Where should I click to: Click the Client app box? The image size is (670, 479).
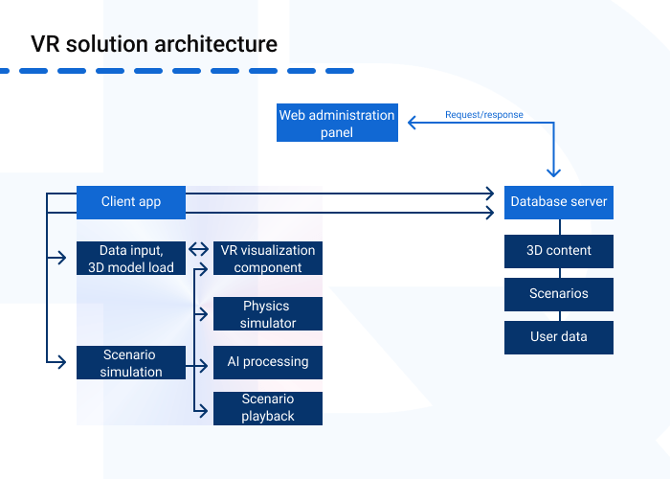click(131, 202)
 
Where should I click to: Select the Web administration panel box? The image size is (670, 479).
click(337, 124)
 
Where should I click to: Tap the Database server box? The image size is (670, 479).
click(559, 202)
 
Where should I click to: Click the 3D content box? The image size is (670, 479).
click(559, 251)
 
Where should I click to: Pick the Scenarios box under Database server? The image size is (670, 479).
click(559, 294)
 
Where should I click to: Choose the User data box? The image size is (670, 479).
click(559, 337)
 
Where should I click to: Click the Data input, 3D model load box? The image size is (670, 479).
click(131, 259)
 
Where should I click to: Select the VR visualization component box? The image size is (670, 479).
click(268, 259)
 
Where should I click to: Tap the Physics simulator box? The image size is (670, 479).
click(268, 314)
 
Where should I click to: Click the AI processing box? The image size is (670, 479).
click(268, 362)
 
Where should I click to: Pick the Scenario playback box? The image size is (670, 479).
click(268, 408)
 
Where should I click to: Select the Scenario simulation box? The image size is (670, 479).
click(131, 363)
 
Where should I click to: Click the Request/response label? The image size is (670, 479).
click(483, 115)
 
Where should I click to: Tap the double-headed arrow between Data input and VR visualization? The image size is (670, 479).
click(199, 250)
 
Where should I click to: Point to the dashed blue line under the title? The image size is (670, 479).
click(177, 70)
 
